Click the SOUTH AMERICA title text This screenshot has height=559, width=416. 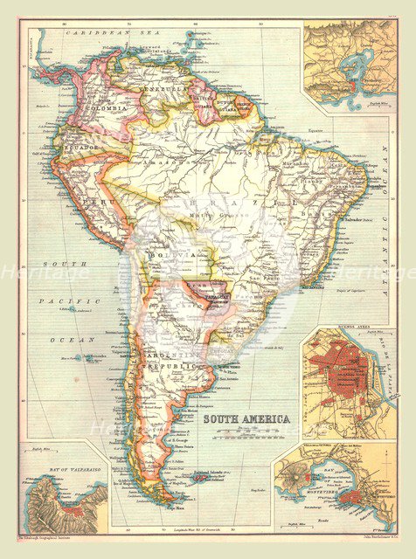(246, 419)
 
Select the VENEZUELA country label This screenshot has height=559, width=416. (160, 90)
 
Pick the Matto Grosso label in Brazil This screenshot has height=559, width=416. (220, 228)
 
